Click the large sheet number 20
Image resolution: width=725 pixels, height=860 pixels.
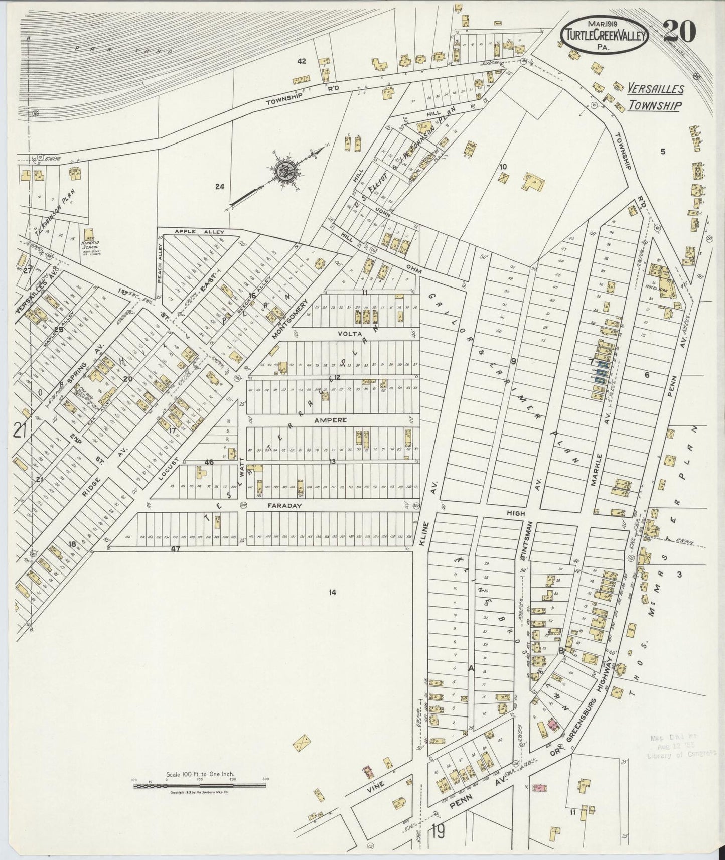click(679, 31)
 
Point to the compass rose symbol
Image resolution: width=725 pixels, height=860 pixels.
click(287, 172)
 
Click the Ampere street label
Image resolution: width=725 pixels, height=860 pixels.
click(331, 420)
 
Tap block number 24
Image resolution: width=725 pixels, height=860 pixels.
click(219, 187)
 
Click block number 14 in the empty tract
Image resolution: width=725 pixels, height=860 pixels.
click(332, 593)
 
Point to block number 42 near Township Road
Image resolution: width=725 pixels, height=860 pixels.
click(301, 62)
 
